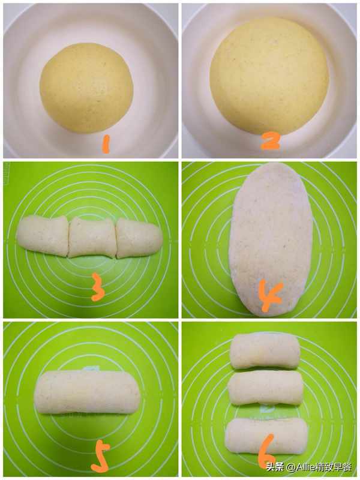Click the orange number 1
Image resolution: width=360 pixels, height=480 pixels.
[106, 145]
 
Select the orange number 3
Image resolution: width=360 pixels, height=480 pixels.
[98, 287]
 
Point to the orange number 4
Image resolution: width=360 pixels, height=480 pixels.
[271, 295]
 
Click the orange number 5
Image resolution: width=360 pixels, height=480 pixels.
[101, 458]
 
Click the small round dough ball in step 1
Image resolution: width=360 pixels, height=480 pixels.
[86, 88]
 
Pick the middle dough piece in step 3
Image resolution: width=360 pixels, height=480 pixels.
[92, 238]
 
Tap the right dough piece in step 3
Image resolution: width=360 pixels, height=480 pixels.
[139, 238]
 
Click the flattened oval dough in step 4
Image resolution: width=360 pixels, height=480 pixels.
[271, 239]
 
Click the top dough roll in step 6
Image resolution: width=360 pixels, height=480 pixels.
[265, 350]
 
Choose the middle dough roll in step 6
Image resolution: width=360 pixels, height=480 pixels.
[265, 388]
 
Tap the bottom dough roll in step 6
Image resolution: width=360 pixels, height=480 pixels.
[266, 436]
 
